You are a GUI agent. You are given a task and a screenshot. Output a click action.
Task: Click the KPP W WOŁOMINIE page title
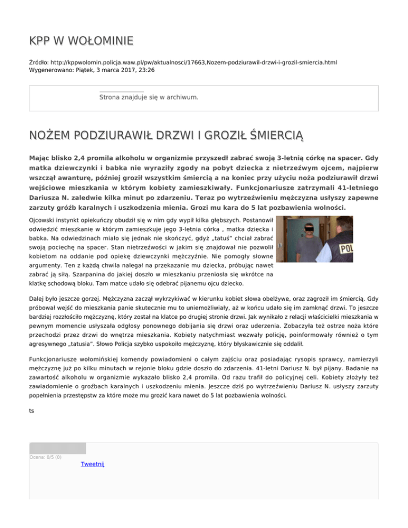tap(81, 41)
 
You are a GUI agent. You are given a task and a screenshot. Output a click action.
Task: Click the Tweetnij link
tap(92, 464)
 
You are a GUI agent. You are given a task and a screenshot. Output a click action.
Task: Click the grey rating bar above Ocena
tap(57, 448)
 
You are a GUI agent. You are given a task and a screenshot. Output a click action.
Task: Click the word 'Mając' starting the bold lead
tap(41, 158)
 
